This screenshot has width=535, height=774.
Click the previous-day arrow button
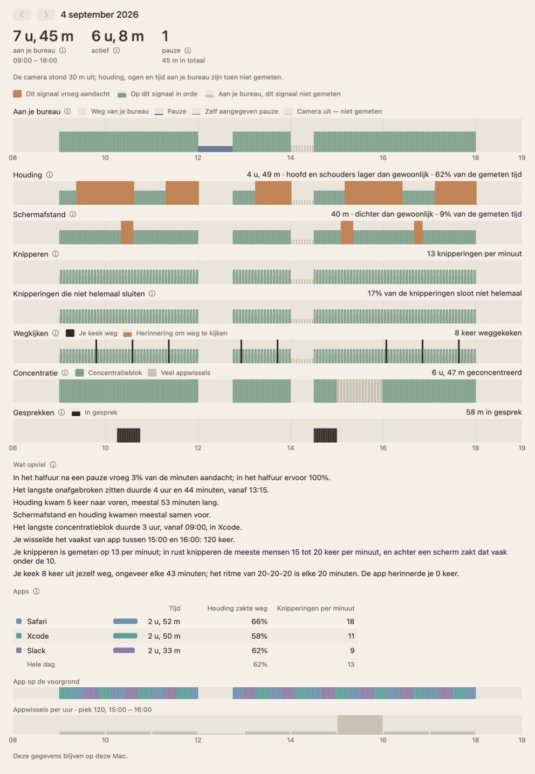[22, 15]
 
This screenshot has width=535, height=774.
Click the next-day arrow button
[46, 15]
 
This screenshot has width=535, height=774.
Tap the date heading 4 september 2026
[100, 15]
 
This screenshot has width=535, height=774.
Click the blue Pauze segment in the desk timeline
[215, 149]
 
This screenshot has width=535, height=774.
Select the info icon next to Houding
[50, 175]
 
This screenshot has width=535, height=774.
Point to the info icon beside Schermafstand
[73, 215]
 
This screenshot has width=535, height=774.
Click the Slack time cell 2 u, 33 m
[164, 651]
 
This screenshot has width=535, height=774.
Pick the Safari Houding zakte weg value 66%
[259, 621]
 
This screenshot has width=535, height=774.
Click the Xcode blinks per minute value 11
[351, 636]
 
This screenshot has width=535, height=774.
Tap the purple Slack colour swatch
[19, 651]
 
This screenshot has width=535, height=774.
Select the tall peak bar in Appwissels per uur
[360, 724]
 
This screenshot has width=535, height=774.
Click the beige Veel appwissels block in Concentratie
[360, 391]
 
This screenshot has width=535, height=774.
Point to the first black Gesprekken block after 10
[129, 436]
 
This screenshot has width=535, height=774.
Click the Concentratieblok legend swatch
[79, 373]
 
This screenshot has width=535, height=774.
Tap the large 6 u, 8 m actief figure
[118, 36]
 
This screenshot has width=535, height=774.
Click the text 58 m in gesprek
[493, 412]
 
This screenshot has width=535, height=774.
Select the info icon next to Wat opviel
[53, 465]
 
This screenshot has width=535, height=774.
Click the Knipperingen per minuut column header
[315, 608]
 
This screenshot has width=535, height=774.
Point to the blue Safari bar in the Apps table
[125, 621]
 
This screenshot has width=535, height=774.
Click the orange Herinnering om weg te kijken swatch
[128, 334]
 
